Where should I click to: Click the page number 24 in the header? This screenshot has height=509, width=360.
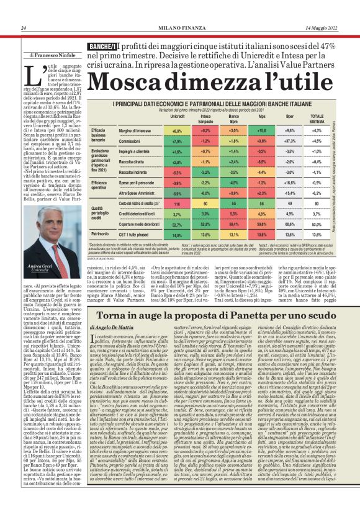23,28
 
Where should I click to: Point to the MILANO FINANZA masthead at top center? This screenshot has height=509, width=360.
179,28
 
